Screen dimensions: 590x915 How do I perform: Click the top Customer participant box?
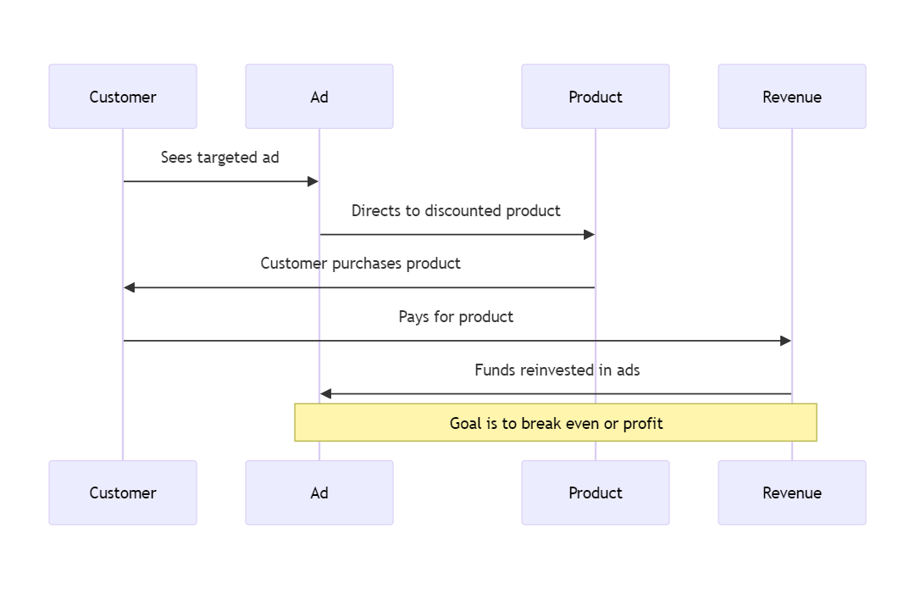pyautogui.click(x=123, y=97)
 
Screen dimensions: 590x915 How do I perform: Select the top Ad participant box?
pyautogui.click(x=319, y=97)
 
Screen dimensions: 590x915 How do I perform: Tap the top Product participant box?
pyautogui.click(x=596, y=97)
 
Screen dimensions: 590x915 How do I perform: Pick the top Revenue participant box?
pyautogui.click(x=792, y=97)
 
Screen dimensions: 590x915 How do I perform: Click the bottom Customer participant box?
pyautogui.click(x=123, y=493)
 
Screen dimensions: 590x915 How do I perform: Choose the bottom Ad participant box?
pyautogui.click(x=319, y=493)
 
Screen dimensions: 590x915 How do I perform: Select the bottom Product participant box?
pyautogui.click(x=596, y=493)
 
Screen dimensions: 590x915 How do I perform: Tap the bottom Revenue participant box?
pyautogui.click(x=792, y=493)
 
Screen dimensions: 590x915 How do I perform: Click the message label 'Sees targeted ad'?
pyautogui.click(x=220, y=158)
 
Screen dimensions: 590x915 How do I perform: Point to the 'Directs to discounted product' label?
pyautogui.click(x=456, y=211)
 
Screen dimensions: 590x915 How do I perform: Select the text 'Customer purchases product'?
pyautogui.click(x=360, y=264)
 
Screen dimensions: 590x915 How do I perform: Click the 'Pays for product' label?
pyautogui.click(x=456, y=317)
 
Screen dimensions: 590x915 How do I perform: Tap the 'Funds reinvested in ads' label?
pyautogui.click(x=557, y=370)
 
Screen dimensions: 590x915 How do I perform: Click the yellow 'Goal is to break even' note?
pyautogui.click(x=556, y=422)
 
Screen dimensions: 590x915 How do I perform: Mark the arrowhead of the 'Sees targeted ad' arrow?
pyautogui.click(x=313, y=181)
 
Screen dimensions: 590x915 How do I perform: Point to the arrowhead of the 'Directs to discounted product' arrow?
pyautogui.click(x=590, y=235)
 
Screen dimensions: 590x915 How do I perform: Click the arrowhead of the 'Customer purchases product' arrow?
pyautogui.click(x=130, y=287)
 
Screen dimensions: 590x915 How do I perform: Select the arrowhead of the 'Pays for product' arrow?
pyautogui.click(x=785, y=341)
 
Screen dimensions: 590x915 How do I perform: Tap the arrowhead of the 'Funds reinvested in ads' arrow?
pyautogui.click(x=326, y=394)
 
